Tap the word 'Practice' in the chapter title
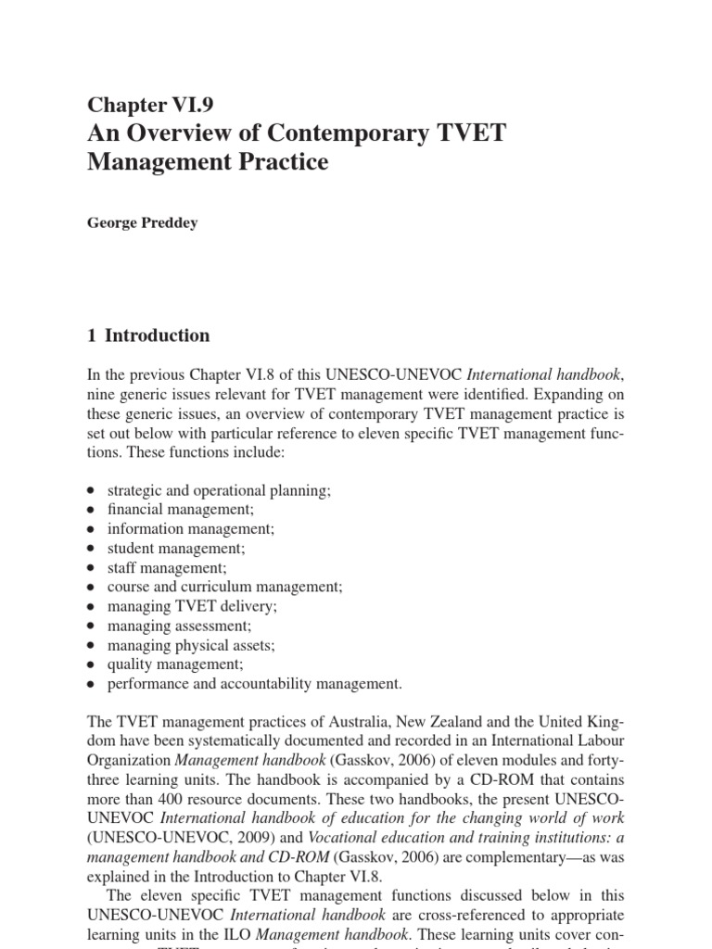284,163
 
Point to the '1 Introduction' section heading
148,335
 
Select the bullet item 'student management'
179,548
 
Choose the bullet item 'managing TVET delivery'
192,606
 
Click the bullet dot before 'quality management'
90,664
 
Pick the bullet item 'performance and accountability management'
255,684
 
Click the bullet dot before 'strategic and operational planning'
90,489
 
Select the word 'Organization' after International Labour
128,762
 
